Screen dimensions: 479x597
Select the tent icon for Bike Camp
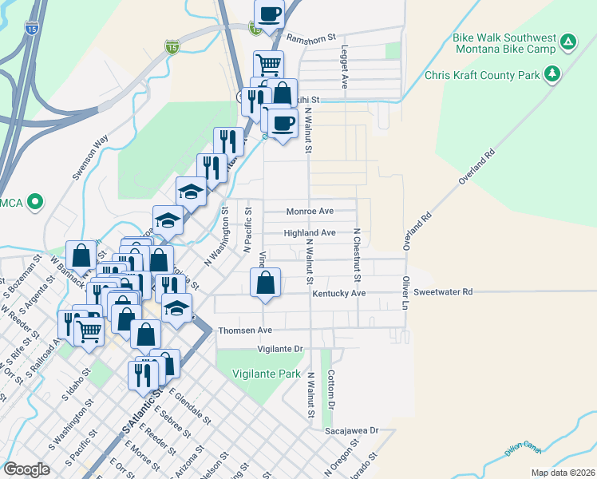(567, 42)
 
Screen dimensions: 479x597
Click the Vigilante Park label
(266, 374)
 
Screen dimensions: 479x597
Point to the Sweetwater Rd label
(443, 292)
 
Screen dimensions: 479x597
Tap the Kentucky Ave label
(339, 294)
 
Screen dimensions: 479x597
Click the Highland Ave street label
(310, 233)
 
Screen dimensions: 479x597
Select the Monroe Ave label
(310, 212)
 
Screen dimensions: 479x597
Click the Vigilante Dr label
(282, 349)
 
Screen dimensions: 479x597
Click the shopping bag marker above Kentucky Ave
(266, 283)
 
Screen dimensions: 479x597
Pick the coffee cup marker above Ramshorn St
(270, 14)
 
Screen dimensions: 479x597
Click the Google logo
(27, 469)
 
